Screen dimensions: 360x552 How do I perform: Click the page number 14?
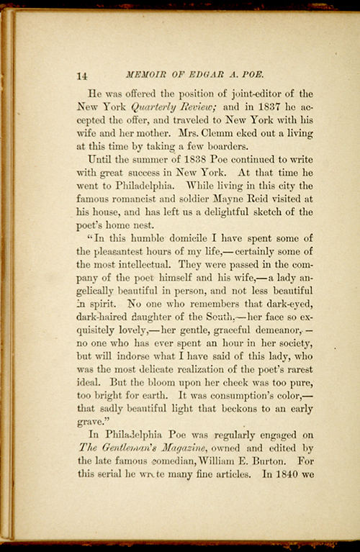pos(81,75)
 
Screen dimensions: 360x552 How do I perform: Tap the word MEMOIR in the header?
pos(146,74)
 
